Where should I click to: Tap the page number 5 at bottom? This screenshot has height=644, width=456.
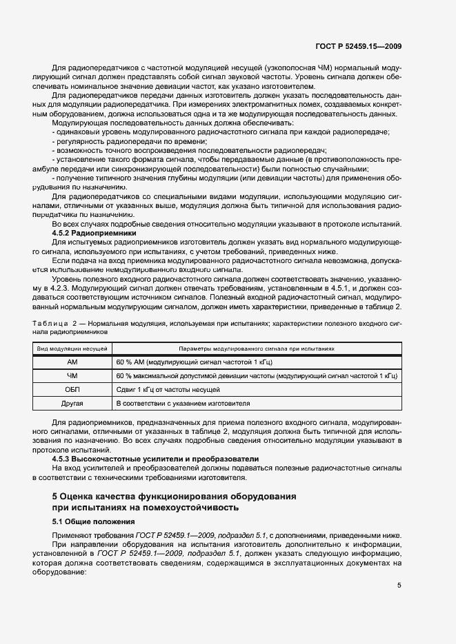pyautogui.click(x=399, y=586)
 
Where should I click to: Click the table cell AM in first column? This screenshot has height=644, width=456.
pyautogui.click(x=72, y=362)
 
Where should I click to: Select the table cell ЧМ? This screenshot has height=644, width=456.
pyautogui.click(x=72, y=375)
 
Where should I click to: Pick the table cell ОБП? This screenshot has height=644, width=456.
pyautogui.click(x=72, y=389)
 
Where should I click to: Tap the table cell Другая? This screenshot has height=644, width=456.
pyautogui.click(x=72, y=403)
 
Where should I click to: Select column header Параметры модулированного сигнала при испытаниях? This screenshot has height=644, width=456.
pyautogui.click(x=256, y=349)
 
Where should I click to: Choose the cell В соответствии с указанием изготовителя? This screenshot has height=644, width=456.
pyautogui.click(x=184, y=403)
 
